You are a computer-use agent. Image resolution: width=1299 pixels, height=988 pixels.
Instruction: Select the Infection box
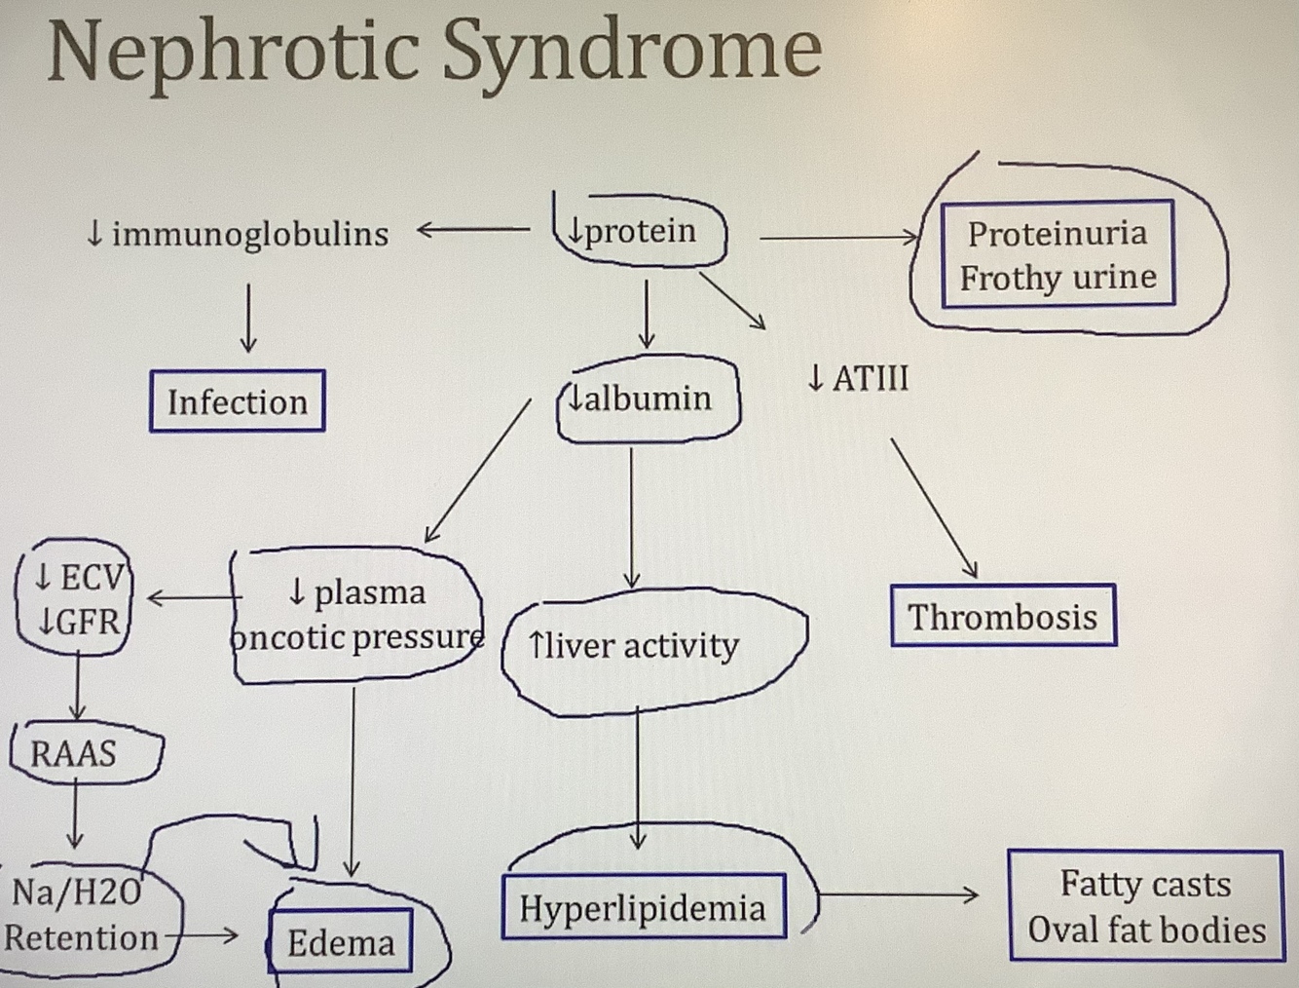(237, 401)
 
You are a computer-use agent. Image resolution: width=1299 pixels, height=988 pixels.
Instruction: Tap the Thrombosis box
(1002, 616)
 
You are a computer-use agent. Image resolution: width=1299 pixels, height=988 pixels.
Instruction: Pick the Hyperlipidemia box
(643, 908)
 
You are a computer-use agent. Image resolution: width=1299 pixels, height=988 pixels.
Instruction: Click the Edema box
(341, 942)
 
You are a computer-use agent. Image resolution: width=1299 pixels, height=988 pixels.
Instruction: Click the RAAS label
(74, 753)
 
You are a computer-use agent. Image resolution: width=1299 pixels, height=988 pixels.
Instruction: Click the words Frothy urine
(1058, 278)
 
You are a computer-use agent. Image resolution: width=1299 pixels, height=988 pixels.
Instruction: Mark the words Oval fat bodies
(1146, 930)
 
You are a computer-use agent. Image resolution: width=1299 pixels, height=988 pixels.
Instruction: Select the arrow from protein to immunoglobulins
(473, 231)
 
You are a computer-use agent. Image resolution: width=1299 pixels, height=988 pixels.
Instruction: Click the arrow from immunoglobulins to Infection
(248, 318)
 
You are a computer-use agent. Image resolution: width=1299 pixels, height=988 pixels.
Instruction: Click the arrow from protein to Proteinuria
(837, 237)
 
